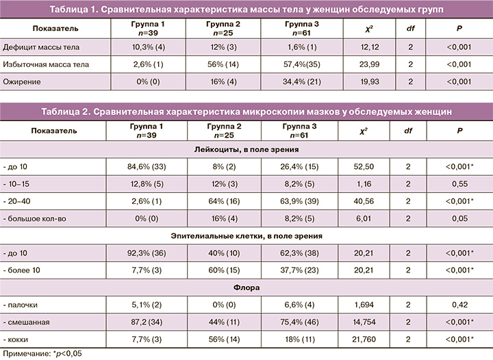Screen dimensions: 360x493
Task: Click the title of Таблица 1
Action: [x=246, y=10]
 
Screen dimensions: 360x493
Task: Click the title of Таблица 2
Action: [x=246, y=111]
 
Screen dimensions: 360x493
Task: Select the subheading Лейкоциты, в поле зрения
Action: [x=246, y=149]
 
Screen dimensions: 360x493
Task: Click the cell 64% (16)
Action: [x=223, y=202]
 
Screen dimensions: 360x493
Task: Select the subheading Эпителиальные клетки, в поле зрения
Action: [x=246, y=236]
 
